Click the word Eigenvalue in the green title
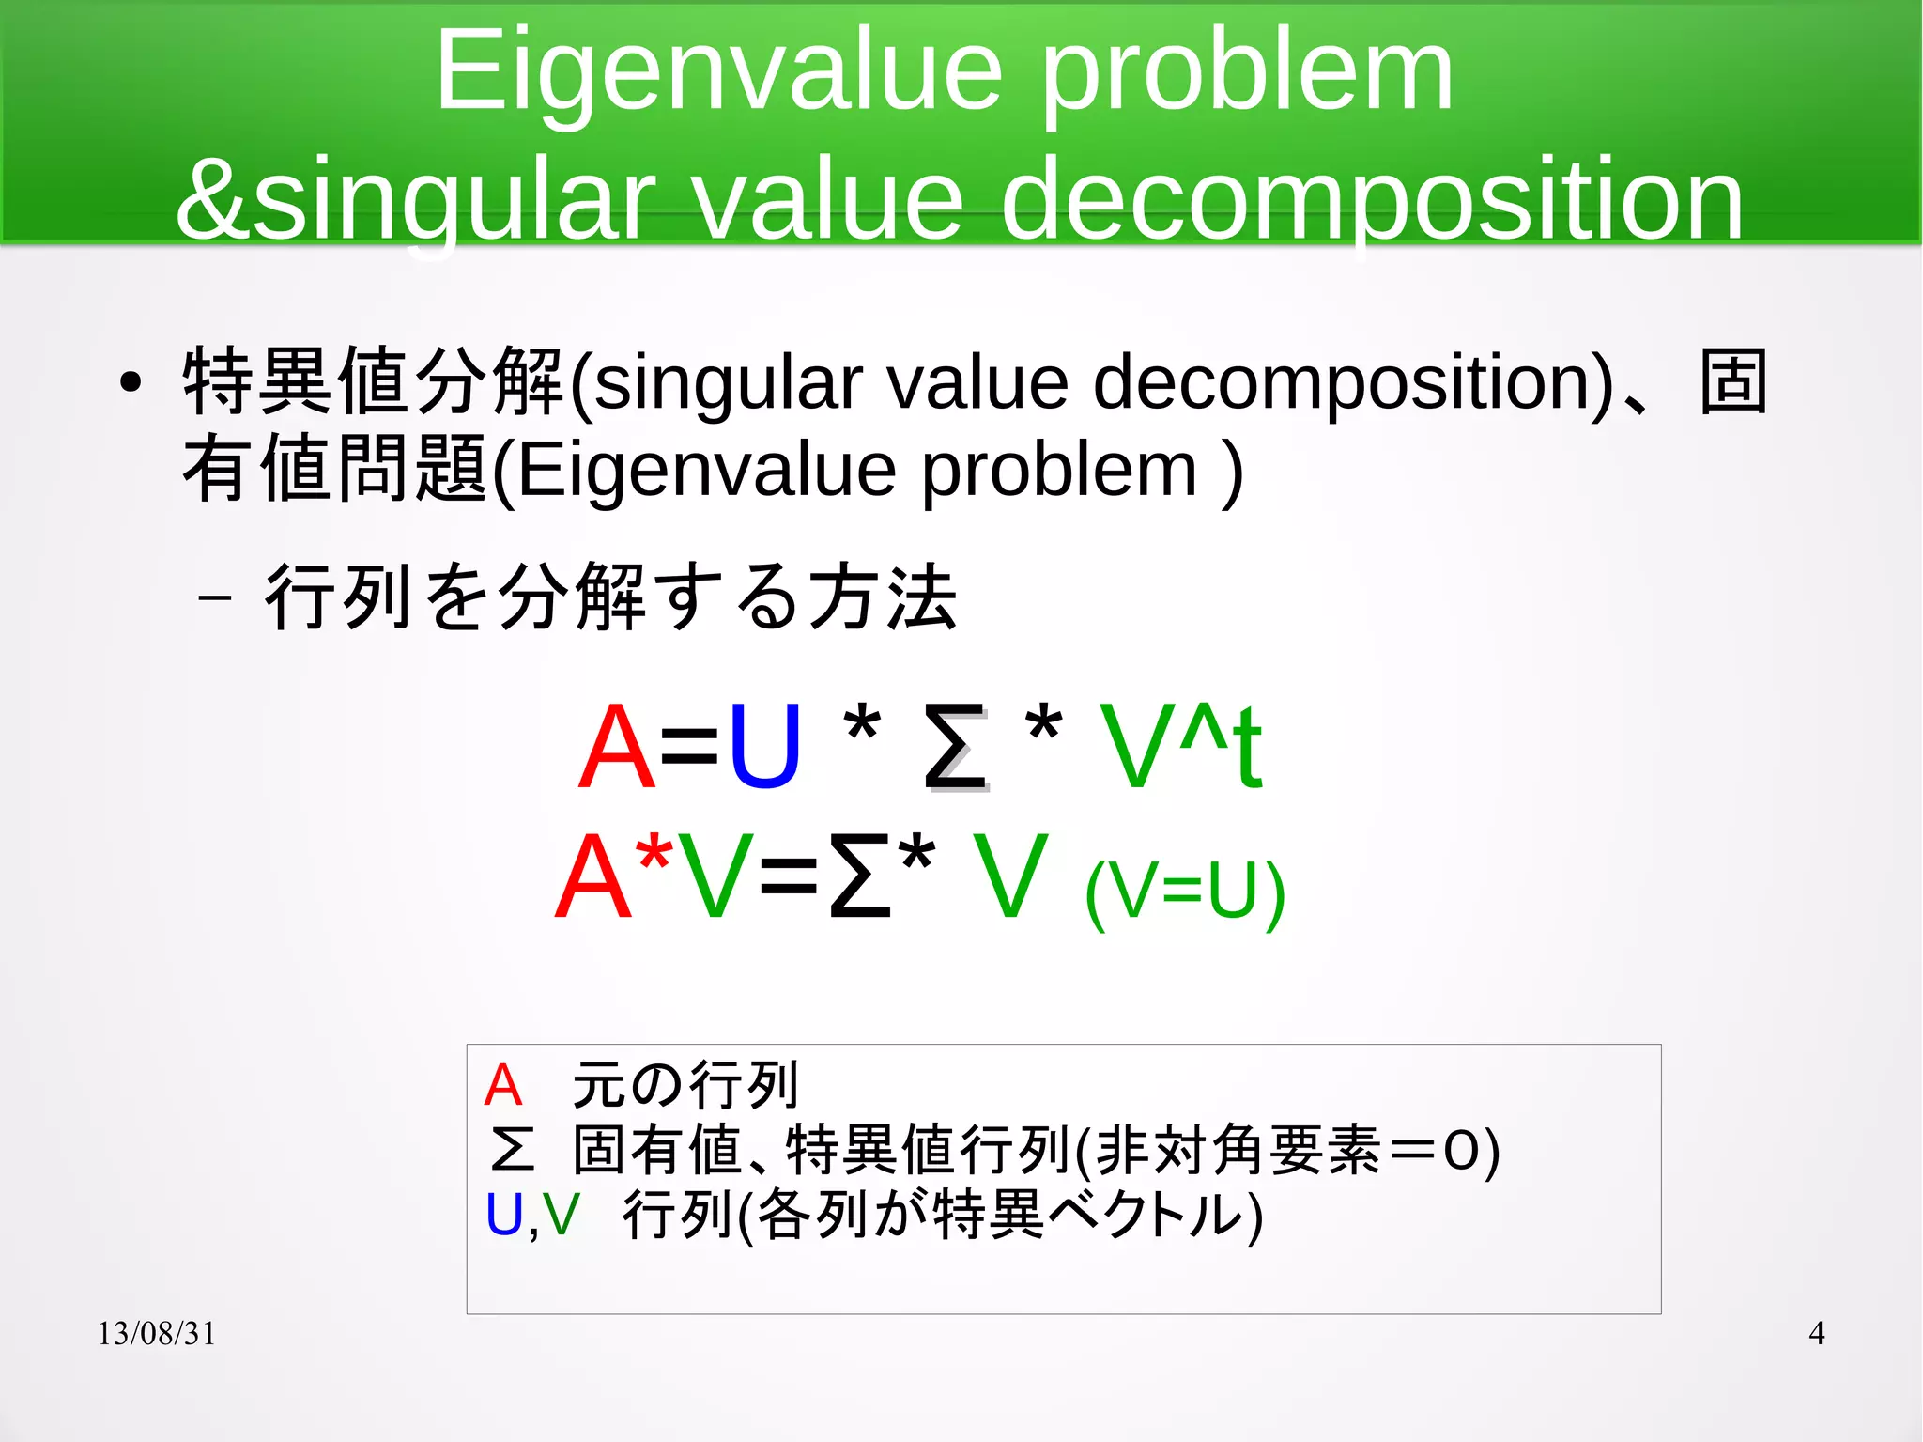point(718,73)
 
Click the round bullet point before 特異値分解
point(131,382)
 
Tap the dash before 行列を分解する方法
point(216,598)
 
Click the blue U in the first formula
point(764,747)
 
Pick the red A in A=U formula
point(616,747)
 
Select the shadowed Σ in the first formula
point(955,749)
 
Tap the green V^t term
point(1181,747)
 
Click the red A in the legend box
point(502,1086)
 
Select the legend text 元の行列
point(685,1085)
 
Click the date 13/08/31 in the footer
point(157,1333)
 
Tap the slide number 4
point(1816,1333)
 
